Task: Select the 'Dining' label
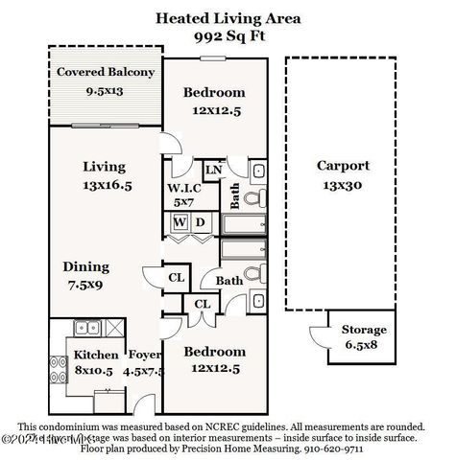pyautogui.click(x=86, y=266)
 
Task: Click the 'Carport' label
pyautogui.click(x=342, y=165)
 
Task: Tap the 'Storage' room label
pyautogui.click(x=365, y=330)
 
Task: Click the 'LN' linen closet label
pyautogui.click(x=214, y=171)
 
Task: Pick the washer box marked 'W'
pyautogui.click(x=179, y=223)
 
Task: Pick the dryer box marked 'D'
pyautogui.click(x=200, y=223)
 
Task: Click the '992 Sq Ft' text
pyautogui.click(x=228, y=34)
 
